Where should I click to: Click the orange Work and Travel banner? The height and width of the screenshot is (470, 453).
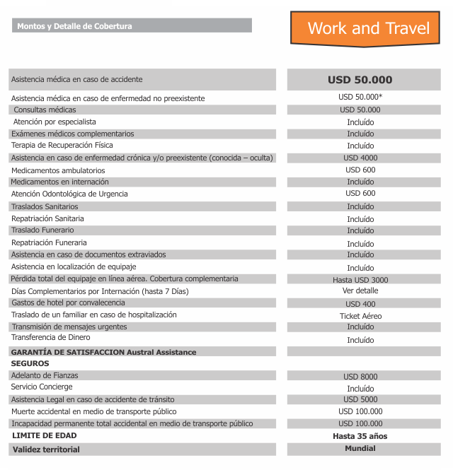368,28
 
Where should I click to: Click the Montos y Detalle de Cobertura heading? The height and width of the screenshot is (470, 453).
74,26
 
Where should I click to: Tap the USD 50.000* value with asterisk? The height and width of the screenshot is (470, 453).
360,98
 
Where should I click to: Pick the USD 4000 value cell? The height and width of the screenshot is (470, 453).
360,158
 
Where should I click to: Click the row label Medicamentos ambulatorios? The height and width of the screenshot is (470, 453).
58,170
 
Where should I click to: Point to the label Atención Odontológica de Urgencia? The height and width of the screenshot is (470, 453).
69,194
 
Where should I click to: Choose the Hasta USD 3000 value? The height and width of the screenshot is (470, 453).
360,280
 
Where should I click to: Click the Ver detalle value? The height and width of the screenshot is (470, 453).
360,291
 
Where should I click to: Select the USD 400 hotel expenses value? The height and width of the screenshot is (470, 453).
360,304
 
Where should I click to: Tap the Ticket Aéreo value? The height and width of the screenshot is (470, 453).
360,316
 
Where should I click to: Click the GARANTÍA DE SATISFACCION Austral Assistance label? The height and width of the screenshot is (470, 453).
103,352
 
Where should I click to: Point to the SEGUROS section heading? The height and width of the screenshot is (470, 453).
30,363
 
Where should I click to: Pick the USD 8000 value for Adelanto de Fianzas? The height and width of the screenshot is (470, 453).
360,377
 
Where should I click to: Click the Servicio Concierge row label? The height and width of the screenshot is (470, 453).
42,387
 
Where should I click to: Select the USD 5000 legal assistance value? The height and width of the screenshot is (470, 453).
360,400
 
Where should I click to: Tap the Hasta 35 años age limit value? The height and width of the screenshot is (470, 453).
360,436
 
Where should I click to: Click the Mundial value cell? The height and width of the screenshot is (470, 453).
360,449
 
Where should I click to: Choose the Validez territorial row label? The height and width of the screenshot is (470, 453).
46,450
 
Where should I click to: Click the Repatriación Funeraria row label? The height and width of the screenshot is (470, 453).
49,242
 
